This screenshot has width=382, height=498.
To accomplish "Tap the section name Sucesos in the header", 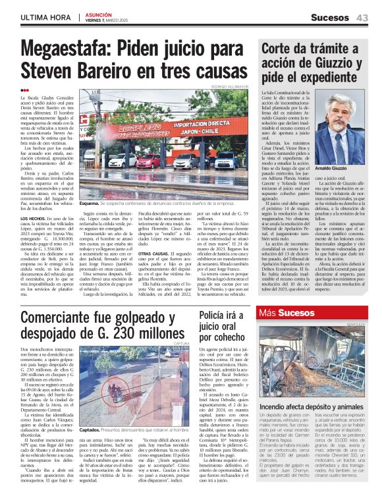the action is coord(331,17).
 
